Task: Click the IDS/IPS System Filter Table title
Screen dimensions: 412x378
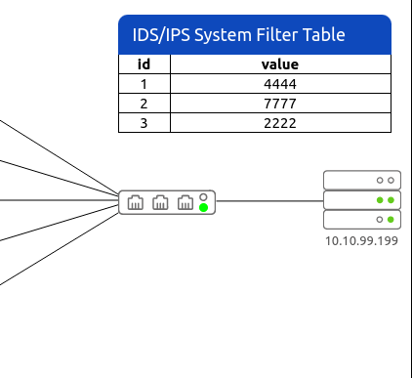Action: [238, 35]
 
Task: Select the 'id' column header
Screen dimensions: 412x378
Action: [144, 64]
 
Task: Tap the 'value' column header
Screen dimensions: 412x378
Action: [280, 64]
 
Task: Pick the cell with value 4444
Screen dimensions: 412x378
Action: [280, 84]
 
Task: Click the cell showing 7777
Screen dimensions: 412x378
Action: [280, 104]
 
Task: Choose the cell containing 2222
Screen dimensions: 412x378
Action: [280, 123]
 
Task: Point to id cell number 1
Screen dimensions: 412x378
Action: [144, 84]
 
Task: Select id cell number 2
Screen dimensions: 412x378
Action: [144, 104]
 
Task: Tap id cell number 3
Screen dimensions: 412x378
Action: [144, 123]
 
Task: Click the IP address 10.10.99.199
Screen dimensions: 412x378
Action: [361, 241]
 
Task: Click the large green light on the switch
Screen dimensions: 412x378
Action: [203, 207]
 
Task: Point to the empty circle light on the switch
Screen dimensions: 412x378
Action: [203, 197]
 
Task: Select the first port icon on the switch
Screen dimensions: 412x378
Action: [136, 202]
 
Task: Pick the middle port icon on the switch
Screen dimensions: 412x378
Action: [160, 202]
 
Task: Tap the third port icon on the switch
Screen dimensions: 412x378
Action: [185, 202]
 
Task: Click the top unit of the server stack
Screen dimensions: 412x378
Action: [362, 180]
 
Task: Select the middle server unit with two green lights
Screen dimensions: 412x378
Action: [362, 200]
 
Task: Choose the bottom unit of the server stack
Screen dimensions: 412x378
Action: [362, 220]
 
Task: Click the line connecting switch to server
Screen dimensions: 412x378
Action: [269, 201]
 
